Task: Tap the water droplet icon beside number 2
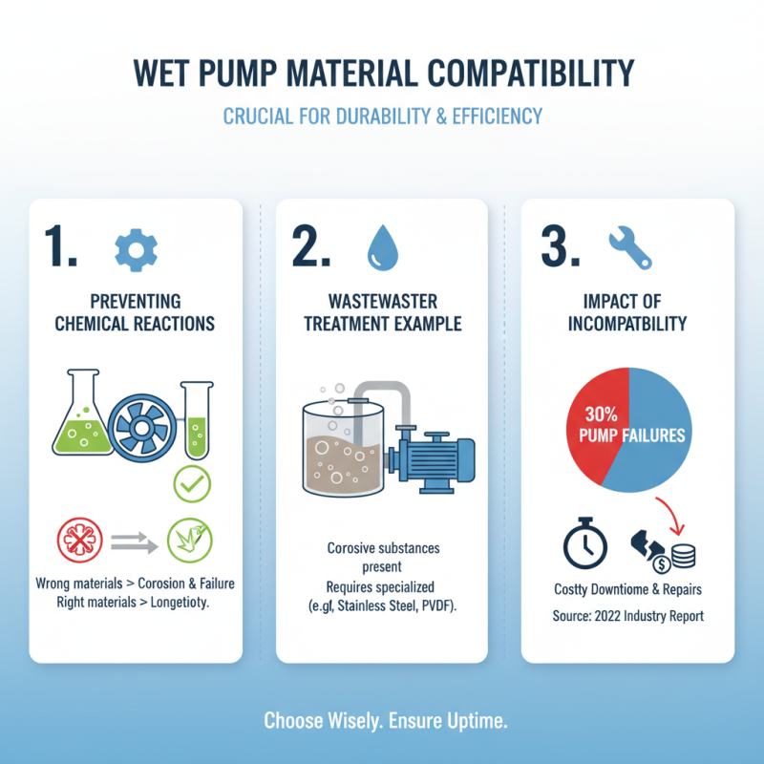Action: pos(380,249)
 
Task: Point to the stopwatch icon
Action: pos(583,544)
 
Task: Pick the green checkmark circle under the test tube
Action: pos(192,486)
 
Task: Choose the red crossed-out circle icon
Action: pos(79,541)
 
